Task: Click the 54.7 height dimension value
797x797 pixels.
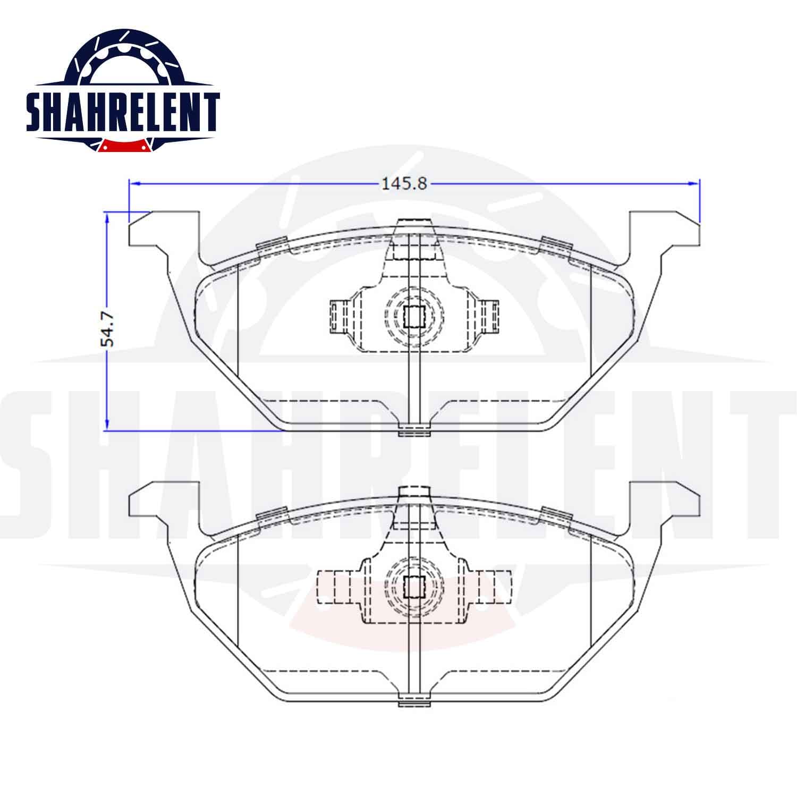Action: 108,329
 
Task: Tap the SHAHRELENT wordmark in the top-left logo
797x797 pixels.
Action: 123,112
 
